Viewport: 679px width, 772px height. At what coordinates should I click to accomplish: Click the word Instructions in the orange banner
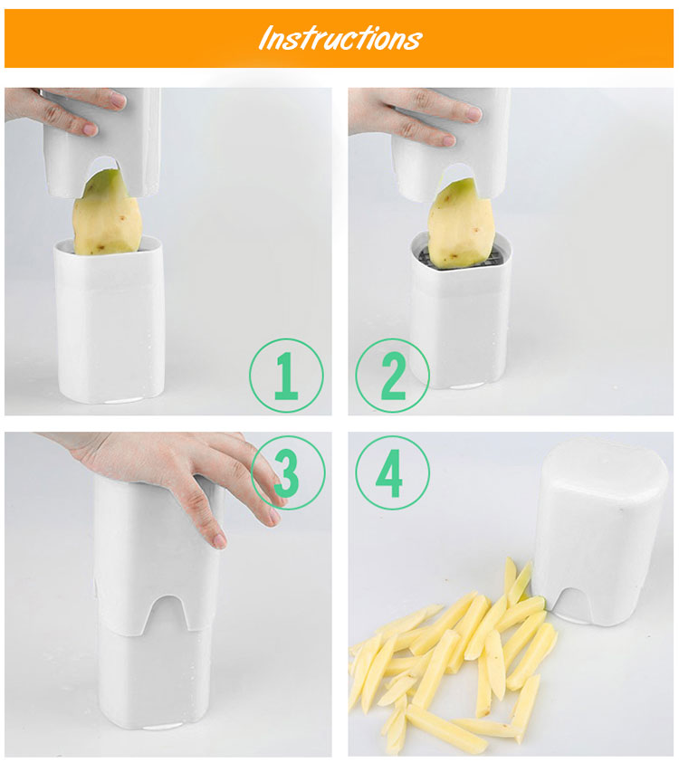pyautogui.click(x=340, y=38)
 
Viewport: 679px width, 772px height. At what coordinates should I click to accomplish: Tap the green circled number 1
pyautogui.click(x=286, y=376)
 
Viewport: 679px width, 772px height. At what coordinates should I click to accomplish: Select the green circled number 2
pyautogui.click(x=392, y=376)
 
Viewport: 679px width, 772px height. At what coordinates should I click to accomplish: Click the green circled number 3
pyautogui.click(x=288, y=472)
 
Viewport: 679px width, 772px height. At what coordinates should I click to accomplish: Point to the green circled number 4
pyautogui.click(x=392, y=472)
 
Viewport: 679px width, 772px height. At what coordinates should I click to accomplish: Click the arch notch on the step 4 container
pyautogui.click(x=573, y=600)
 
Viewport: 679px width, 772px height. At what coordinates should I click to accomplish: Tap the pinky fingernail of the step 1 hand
pyautogui.click(x=91, y=130)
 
